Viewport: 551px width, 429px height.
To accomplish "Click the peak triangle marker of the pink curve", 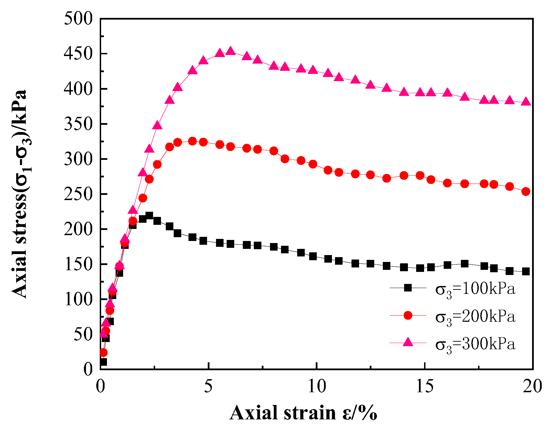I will point(231,51).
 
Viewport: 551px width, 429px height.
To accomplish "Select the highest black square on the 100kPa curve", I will point(149,216).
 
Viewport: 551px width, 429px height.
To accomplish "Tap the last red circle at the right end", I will point(526,191).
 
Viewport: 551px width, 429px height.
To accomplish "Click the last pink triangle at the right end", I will point(526,102).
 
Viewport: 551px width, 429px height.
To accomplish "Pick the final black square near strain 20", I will point(526,272).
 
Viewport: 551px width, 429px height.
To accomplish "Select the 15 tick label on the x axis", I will point(425,386).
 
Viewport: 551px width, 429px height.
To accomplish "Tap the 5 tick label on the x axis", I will point(208,386).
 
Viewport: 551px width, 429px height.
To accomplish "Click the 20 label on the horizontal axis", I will point(532,386).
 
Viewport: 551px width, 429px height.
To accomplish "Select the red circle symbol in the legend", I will point(408,315).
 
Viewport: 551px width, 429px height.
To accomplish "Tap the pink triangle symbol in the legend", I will point(408,342).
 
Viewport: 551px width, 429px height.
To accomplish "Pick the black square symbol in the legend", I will point(408,288).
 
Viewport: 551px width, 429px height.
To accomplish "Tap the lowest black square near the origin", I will point(103,362).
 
